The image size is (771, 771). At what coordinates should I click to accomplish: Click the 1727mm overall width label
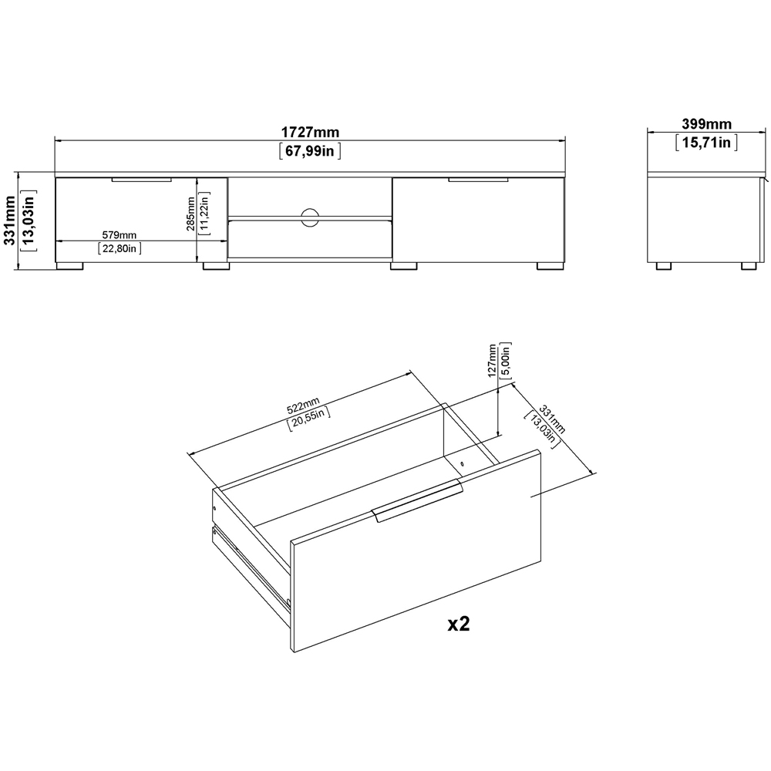pyautogui.click(x=310, y=133)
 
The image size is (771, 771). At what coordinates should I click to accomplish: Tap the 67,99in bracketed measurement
pyautogui.click(x=310, y=151)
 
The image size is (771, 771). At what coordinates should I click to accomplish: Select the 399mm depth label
pyautogui.click(x=706, y=124)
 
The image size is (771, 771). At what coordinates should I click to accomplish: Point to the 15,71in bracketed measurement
pyautogui.click(x=706, y=143)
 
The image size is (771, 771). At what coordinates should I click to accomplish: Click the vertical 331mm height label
pyautogui.click(x=9, y=220)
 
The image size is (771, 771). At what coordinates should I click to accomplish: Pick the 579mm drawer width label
pyautogui.click(x=120, y=235)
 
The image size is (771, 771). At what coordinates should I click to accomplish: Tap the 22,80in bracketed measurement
pyautogui.click(x=120, y=247)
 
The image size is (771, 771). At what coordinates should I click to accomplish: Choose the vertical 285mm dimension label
pyautogui.click(x=190, y=214)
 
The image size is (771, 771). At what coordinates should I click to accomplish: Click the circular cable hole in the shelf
pyautogui.click(x=310, y=217)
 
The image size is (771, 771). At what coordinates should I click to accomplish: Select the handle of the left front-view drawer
pyautogui.click(x=141, y=180)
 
